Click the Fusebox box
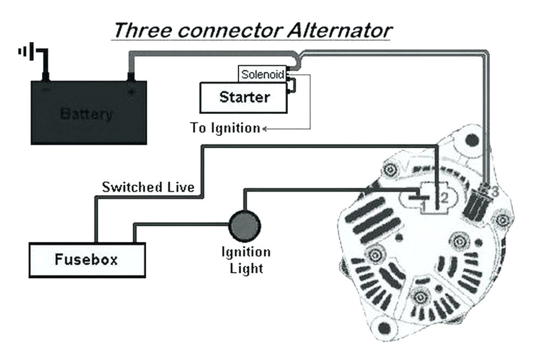click(87, 260)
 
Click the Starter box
click(244, 98)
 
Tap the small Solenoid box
click(262, 74)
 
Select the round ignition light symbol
click(245, 226)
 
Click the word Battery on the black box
click(87, 114)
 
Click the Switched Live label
click(148, 188)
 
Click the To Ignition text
click(225, 128)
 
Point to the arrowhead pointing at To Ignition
click(265, 128)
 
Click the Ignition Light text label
click(246, 260)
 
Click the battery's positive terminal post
click(129, 78)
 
